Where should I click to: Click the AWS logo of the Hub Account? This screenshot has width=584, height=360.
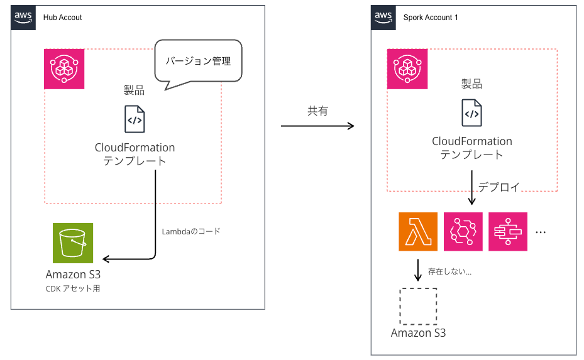click(23, 17)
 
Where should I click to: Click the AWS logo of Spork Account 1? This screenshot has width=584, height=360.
click(383, 17)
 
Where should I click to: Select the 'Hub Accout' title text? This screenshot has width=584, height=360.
click(63, 18)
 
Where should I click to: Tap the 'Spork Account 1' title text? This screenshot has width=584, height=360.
click(431, 18)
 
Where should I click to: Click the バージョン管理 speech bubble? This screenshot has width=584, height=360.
click(198, 62)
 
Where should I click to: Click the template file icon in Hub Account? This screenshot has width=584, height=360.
click(135, 119)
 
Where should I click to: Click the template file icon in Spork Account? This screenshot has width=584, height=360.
click(471, 113)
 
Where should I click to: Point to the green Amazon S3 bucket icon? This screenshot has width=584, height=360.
click(72, 243)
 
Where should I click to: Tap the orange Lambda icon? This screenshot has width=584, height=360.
click(418, 232)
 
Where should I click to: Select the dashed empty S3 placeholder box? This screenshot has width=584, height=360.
click(418, 307)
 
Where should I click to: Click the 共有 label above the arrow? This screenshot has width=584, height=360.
click(317, 111)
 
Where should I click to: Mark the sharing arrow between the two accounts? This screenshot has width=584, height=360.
click(317, 126)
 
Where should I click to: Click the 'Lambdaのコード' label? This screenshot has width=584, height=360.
click(191, 231)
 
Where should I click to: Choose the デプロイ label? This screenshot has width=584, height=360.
click(499, 187)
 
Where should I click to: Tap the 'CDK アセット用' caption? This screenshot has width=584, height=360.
click(72, 289)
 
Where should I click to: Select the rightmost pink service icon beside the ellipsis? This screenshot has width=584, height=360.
click(508, 232)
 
